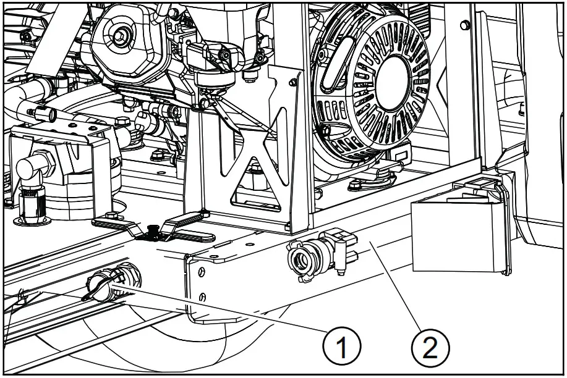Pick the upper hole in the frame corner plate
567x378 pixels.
pyautogui.click(x=199, y=270)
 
